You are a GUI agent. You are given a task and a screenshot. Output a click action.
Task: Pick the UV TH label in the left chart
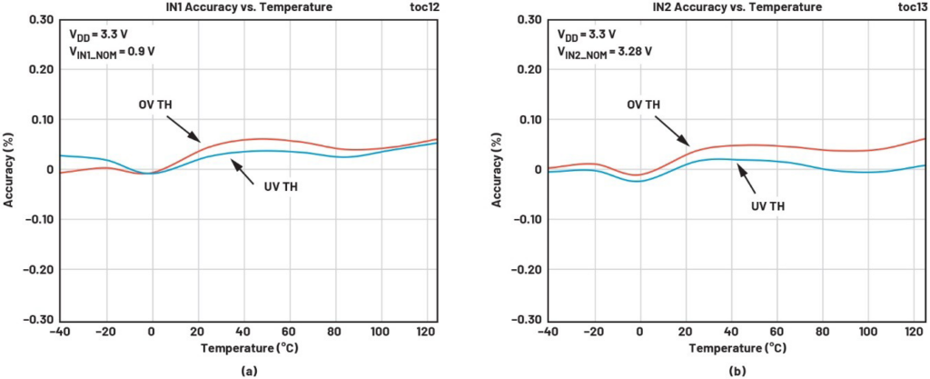[x=281, y=187]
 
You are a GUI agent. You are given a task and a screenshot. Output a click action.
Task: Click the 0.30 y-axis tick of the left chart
[x=40, y=20]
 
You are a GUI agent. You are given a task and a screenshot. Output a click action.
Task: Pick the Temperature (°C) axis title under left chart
[x=249, y=348]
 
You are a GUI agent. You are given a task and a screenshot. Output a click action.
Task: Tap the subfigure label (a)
[x=249, y=372]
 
